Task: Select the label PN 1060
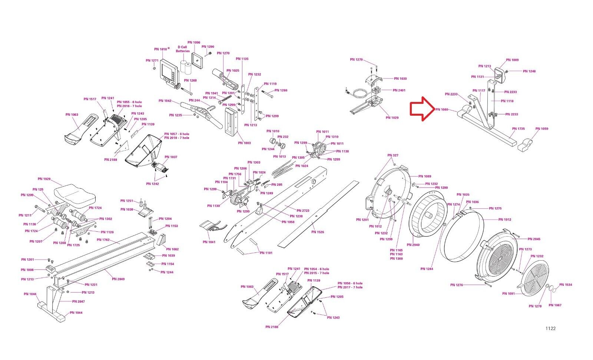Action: point(442,110)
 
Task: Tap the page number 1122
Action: point(550,328)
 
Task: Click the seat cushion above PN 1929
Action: point(74,194)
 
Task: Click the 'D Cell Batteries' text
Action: point(183,49)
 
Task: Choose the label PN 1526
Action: point(318,232)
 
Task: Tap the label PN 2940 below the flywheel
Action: point(413,245)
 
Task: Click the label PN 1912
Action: point(505,219)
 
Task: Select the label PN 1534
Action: point(566,285)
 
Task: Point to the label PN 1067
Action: point(555,305)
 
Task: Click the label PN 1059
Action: point(542,129)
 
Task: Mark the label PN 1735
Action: point(519,129)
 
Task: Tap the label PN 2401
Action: point(399,90)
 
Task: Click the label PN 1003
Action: point(244,143)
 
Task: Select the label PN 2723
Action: point(303,211)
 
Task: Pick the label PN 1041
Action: point(209,242)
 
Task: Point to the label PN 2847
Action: point(79,301)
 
